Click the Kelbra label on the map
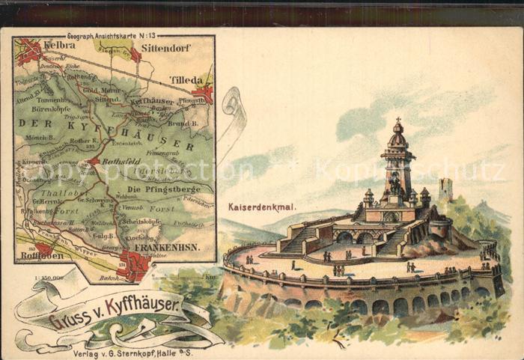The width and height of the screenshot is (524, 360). click(59, 45)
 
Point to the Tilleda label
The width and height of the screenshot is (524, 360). click(185, 79)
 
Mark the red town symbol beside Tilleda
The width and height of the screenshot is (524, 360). click(204, 94)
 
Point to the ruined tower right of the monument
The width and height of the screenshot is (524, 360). click(445, 189)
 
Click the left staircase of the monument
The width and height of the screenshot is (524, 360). click(298, 242)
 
